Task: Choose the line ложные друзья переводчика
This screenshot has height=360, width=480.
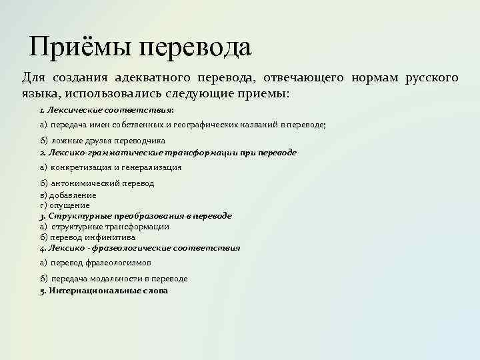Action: point(107,141)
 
